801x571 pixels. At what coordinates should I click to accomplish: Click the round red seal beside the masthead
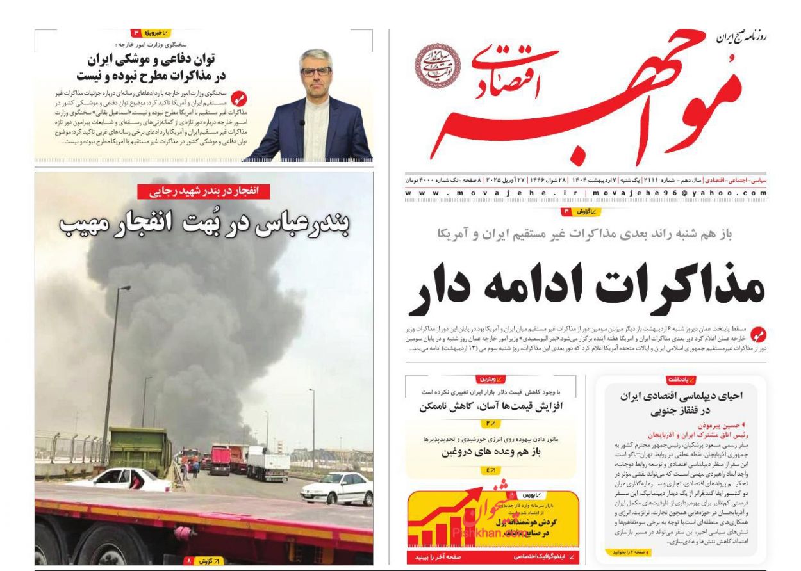tap(437, 66)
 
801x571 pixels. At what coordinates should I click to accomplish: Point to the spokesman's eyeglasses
tap(315, 71)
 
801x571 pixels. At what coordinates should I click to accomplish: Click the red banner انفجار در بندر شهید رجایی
tap(204, 191)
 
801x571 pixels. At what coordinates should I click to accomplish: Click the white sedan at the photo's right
tap(336, 488)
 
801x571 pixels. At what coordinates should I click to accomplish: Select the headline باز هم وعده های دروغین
tap(491, 452)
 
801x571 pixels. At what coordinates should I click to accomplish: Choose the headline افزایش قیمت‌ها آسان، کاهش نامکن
tap(491, 406)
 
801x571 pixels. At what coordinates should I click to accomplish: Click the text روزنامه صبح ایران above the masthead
tap(741, 38)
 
